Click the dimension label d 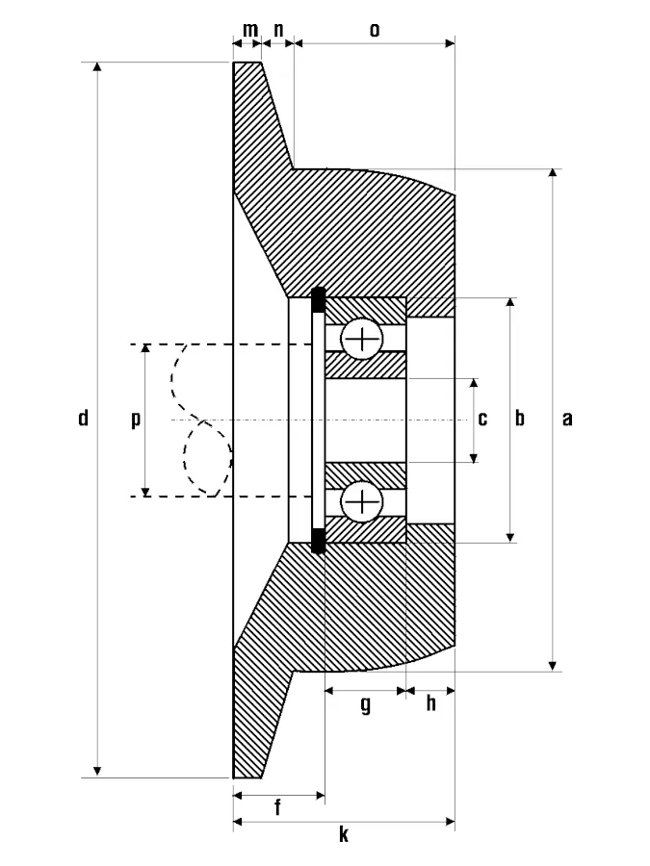(x=84, y=419)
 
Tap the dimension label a (x=567, y=419)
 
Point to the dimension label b (x=521, y=419)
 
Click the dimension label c (x=483, y=419)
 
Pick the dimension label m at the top (x=249, y=30)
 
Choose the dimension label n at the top (x=278, y=30)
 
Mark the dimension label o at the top (x=374, y=30)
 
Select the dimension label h (x=430, y=704)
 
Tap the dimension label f (x=277, y=808)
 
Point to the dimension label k (x=343, y=835)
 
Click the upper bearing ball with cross (x=363, y=339)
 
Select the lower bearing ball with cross (x=363, y=501)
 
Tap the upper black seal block (x=319, y=300)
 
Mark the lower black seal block (x=319, y=540)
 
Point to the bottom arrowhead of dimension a (x=553, y=664)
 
